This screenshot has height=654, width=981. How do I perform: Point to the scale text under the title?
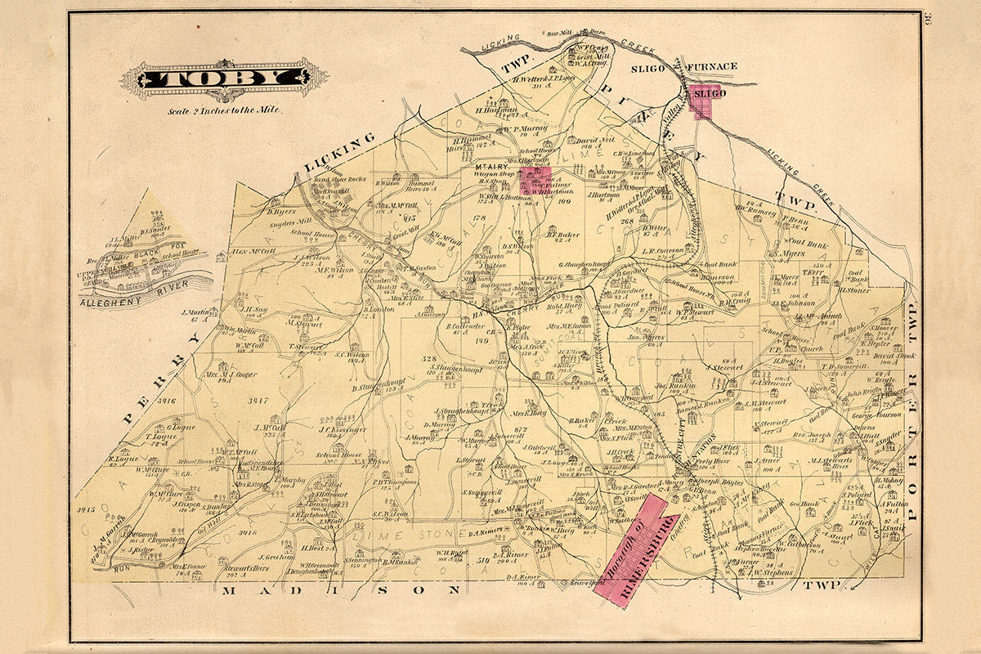(x=223, y=110)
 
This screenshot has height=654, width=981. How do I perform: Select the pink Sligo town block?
(x=704, y=100)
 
